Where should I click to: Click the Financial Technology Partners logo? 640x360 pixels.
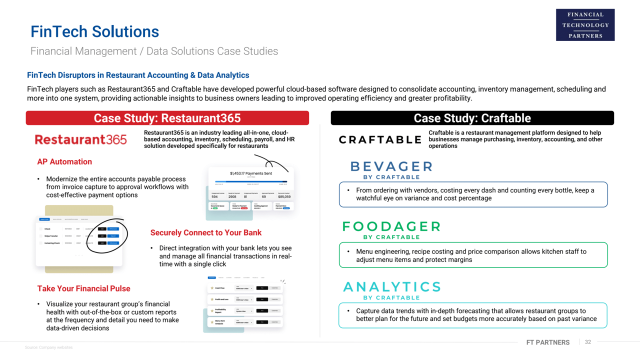click(x=585, y=25)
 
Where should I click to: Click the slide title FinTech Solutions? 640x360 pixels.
click(x=94, y=31)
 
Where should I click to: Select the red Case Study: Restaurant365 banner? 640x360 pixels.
click(x=167, y=118)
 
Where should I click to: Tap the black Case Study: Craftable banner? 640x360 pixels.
click(x=472, y=118)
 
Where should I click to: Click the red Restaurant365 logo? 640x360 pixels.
click(x=80, y=139)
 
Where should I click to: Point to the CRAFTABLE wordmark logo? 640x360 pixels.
click(x=380, y=140)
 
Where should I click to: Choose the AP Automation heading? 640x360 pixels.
click(x=64, y=161)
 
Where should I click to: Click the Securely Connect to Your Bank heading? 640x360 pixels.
click(x=206, y=232)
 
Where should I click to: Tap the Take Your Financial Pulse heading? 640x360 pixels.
click(x=83, y=288)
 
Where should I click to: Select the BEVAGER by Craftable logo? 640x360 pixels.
click(x=391, y=169)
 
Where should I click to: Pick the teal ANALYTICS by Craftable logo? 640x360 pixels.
click(x=391, y=289)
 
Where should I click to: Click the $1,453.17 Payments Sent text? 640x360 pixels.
click(x=251, y=173)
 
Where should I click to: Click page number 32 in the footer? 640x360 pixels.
click(x=588, y=342)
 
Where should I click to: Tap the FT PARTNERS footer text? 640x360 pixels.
click(x=547, y=342)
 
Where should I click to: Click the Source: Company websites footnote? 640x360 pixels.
click(x=48, y=347)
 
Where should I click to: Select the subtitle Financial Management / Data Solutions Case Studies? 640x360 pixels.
click(x=154, y=51)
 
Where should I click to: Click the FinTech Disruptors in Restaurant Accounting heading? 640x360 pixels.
click(x=138, y=75)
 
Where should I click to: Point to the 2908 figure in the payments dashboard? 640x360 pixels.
click(x=232, y=197)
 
